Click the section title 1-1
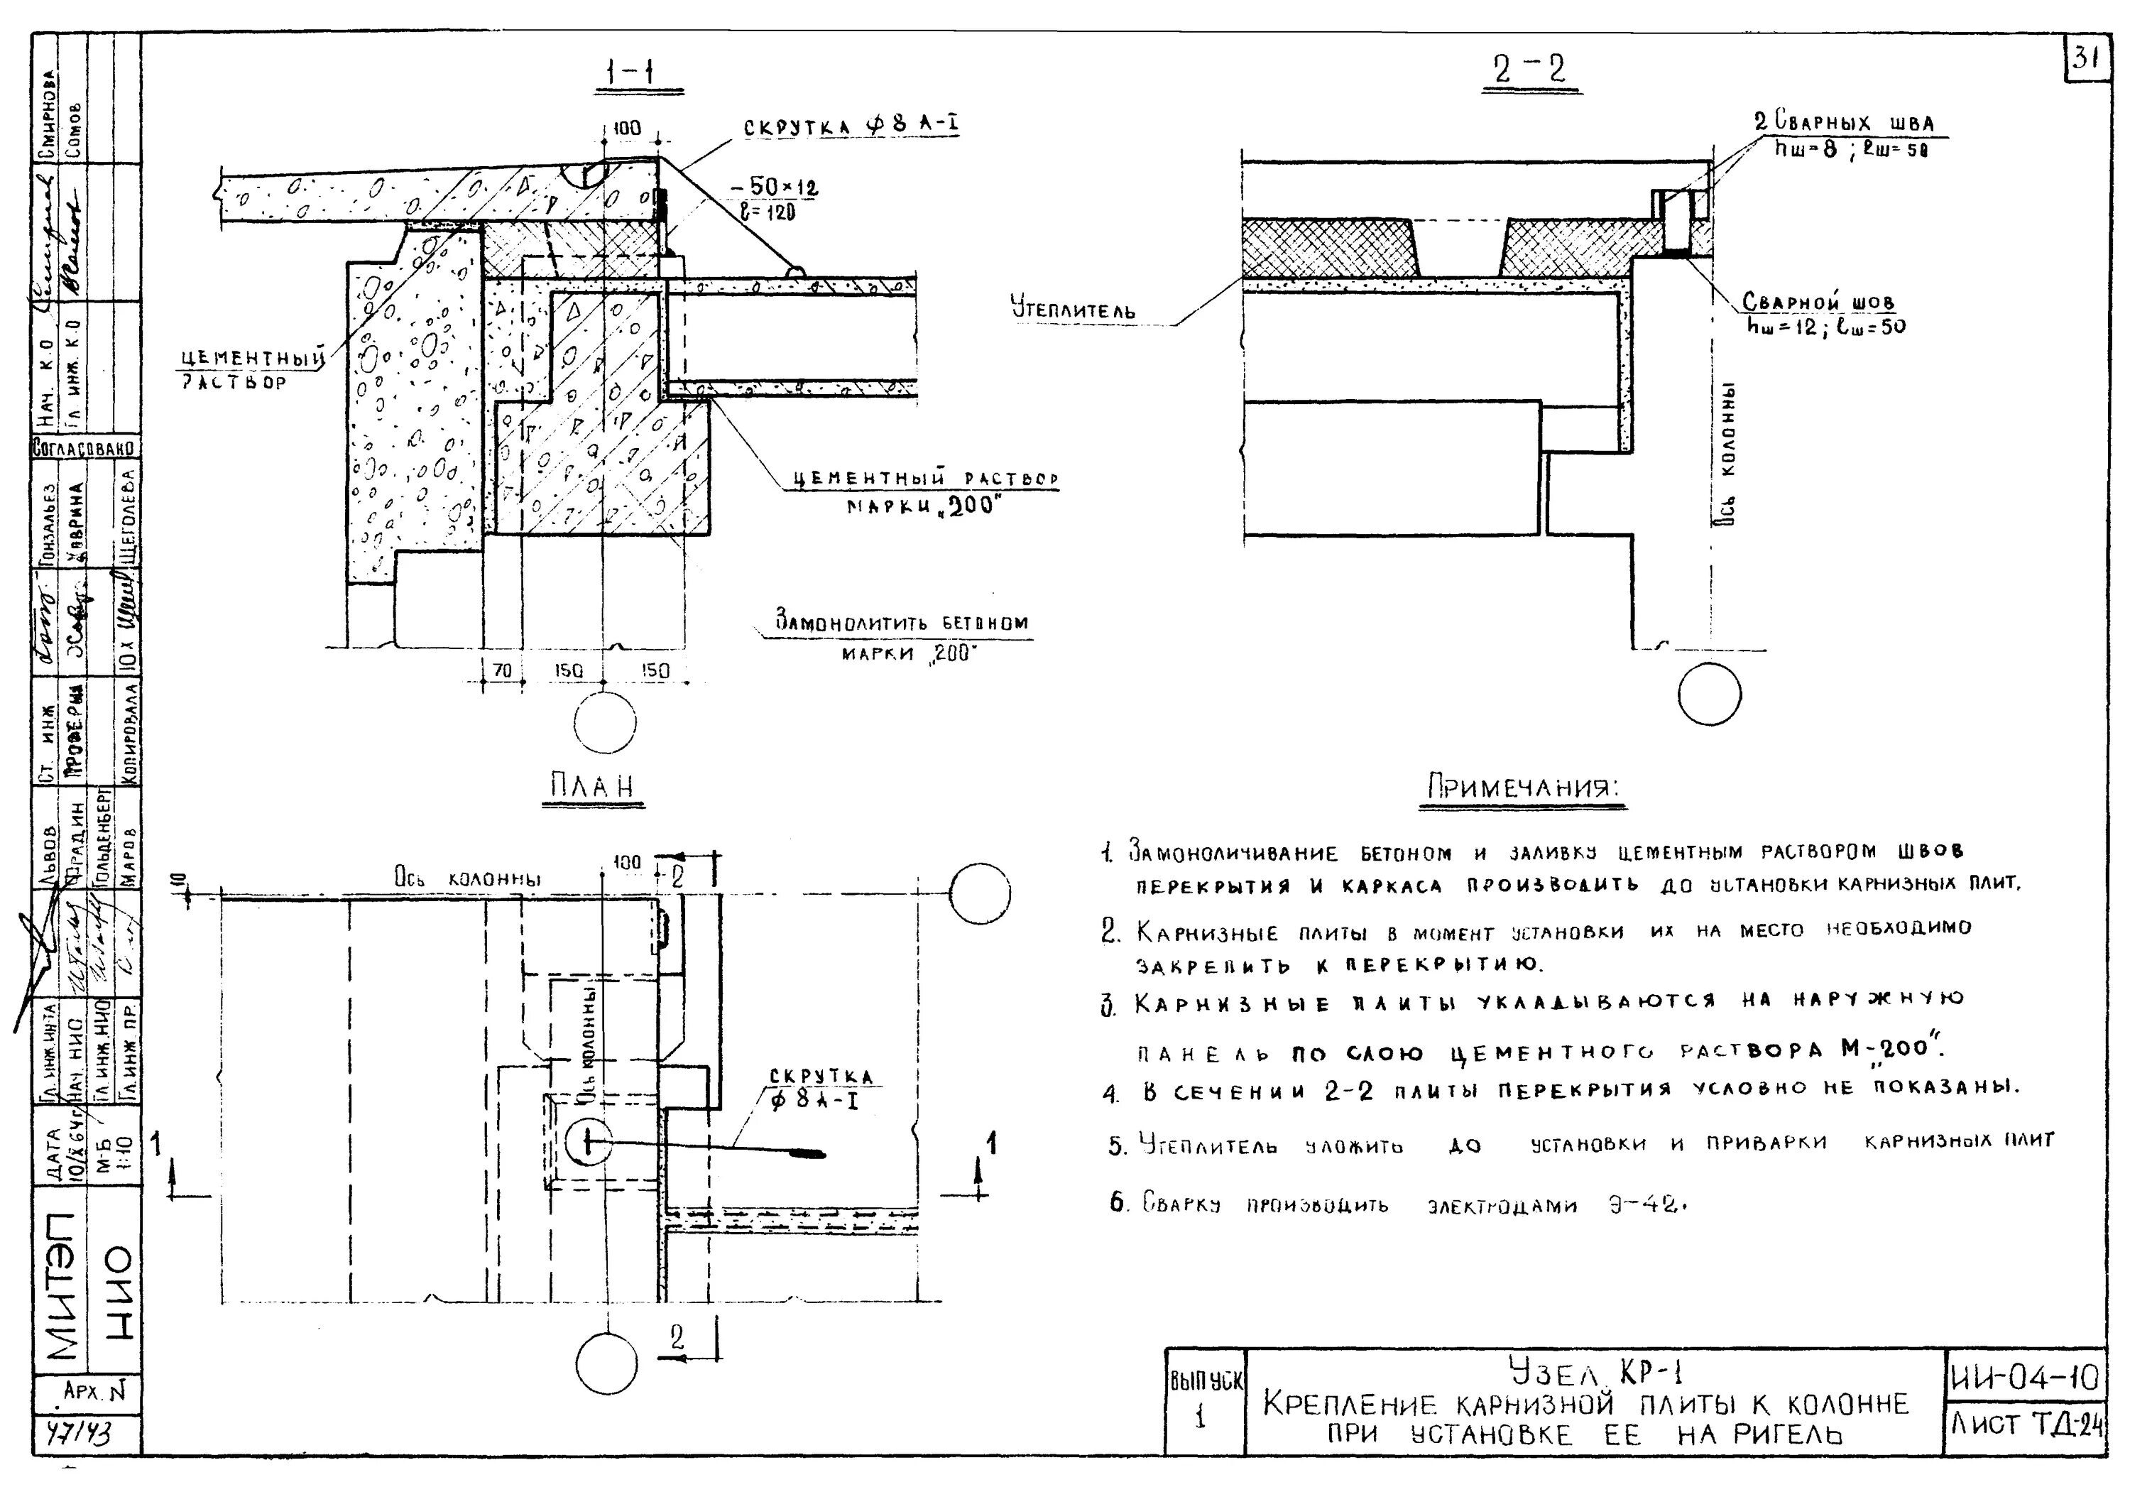[x=638, y=72]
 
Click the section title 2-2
[x=1529, y=70]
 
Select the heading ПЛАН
[x=592, y=787]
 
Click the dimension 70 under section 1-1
[x=503, y=670]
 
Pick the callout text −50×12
[x=772, y=188]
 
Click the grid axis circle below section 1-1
[x=605, y=723]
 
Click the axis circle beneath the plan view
[x=607, y=1363]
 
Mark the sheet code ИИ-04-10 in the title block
[x=2023, y=1379]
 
